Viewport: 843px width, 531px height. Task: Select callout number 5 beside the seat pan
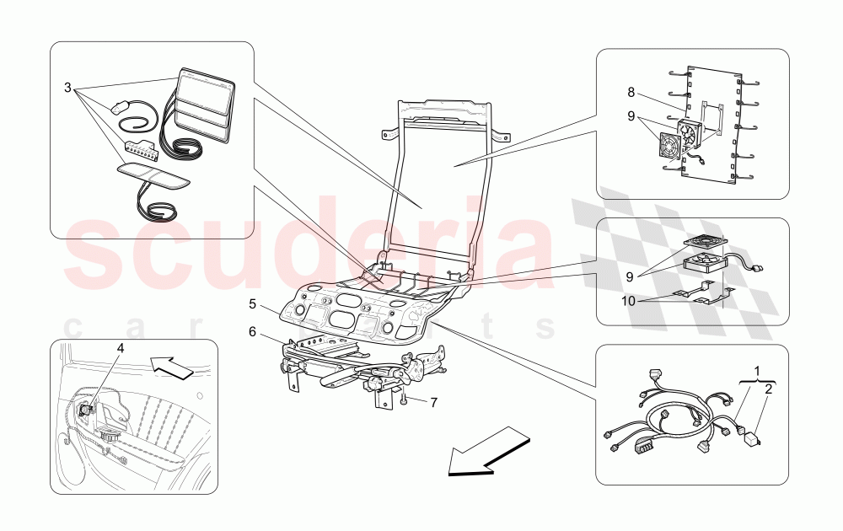click(x=252, y=302)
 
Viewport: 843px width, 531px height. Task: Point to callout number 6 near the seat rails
click(x=252, y=332)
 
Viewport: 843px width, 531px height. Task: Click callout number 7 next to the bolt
click(x=433, y=403)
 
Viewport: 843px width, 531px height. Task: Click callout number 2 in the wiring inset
click(x=767, y=389)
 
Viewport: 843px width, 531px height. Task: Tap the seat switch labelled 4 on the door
click(x=86, y=410)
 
